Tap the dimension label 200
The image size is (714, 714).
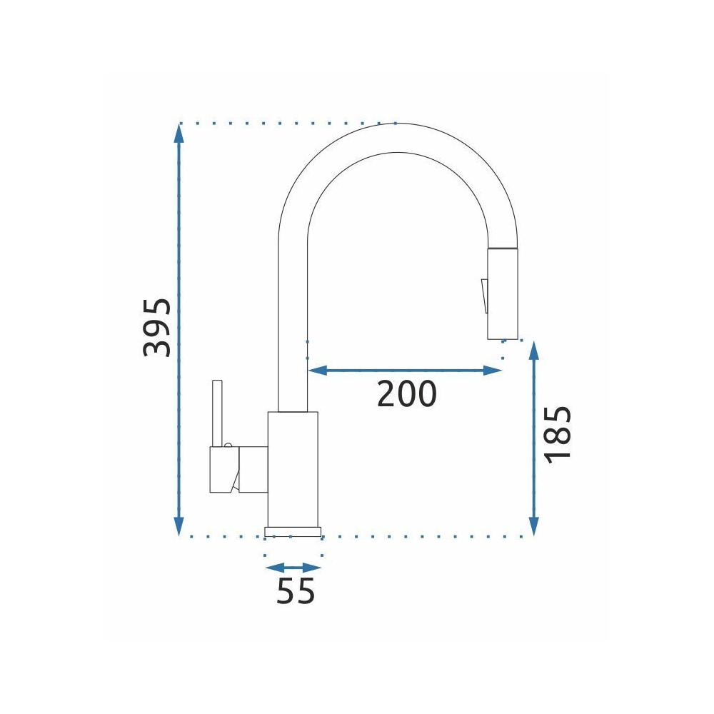tap(406, 393)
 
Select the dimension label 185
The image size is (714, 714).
tap(559, 435)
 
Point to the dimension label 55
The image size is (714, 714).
tap(296, 591)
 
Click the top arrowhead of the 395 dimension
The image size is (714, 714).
tap(178, 133)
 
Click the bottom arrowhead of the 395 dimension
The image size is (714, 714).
tap(178, 526)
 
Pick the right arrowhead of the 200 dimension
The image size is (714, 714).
tap(492, 370)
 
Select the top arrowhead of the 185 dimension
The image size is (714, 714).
tap(533, 351)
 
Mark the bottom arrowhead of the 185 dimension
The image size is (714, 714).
tap(533, 526)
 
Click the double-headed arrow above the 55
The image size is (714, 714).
tap(293, 568)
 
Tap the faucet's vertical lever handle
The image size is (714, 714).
tap(217, 414)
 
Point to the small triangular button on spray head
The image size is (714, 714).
tap(483, 296)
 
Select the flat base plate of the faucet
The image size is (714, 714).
tap(293, 531)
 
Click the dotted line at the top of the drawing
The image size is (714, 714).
tap(286, 124)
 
